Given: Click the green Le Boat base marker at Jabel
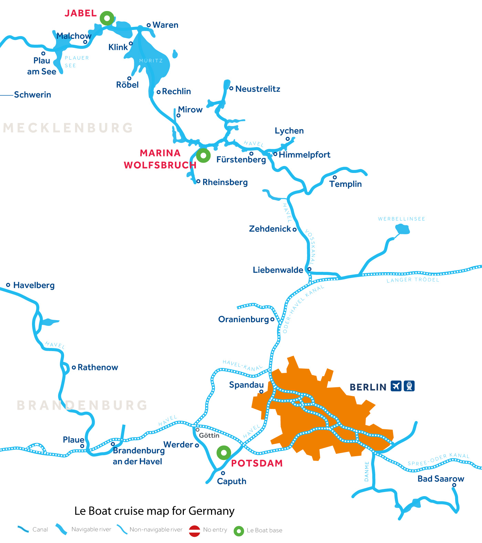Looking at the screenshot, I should [107, 18].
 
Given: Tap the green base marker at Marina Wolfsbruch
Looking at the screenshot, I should [203, 156].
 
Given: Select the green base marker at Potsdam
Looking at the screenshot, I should [224, 452].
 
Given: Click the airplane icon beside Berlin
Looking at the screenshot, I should [396, 386].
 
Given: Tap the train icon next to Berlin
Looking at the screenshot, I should [409, 386].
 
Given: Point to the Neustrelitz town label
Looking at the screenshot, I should [258, 89].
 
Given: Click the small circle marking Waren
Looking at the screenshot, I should [149, 25].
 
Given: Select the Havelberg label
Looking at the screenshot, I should [34, 285].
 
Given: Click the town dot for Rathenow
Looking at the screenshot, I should [74, 368].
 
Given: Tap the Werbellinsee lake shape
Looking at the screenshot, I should [402, 229].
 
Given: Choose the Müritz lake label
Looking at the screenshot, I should [151, 61].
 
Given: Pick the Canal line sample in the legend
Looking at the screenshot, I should [23, 529].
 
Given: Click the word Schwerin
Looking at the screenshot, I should [32, 95].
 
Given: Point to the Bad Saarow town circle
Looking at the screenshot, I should [454, 485].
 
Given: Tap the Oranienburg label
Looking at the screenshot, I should [243, 319].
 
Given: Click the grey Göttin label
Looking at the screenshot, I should [209, 436].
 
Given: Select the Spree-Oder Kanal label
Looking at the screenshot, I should [438, 460].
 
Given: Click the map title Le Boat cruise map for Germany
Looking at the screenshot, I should [154, 511].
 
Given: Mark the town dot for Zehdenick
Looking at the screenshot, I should [294, 229].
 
